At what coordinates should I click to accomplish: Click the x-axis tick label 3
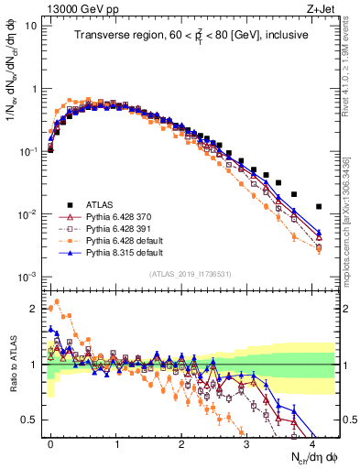246,443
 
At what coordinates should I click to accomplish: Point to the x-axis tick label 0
51,443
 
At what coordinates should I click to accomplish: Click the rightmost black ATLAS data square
319,206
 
